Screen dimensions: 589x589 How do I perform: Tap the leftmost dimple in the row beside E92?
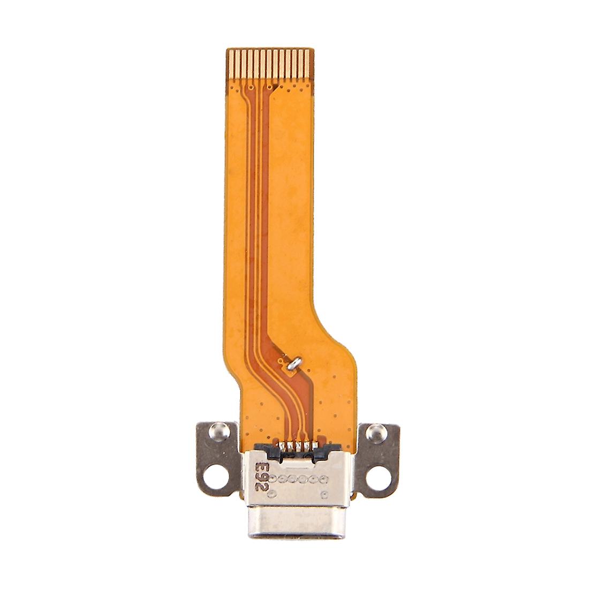click(274, 476)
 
